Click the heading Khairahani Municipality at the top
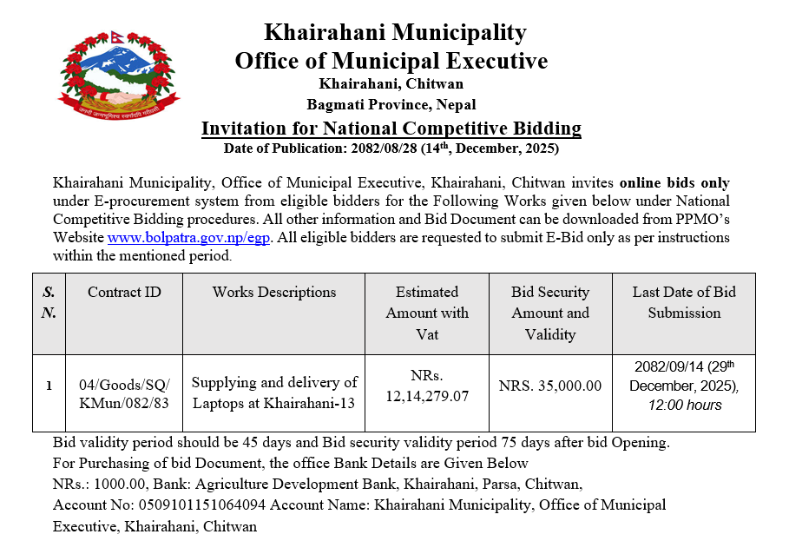click(395, 33)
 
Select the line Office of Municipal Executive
click(391, 61)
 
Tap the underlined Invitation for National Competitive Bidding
click(391, 129)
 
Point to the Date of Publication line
click(391, 148)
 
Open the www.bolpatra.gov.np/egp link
click(189, 237)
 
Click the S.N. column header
click(49, 301)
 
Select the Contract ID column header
click(124, 292)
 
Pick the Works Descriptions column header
click(273, 292)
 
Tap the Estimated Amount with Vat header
click(426, 313)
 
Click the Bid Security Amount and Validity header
click(550, 313)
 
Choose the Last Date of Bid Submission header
click(684, 302)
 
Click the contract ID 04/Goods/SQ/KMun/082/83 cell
click(124, 392)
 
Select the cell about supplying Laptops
click(273, 392)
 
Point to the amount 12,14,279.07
click(426, 397)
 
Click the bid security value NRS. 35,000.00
click(550, 386)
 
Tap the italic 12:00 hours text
click(684, 405)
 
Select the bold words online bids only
click(674, 183)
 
